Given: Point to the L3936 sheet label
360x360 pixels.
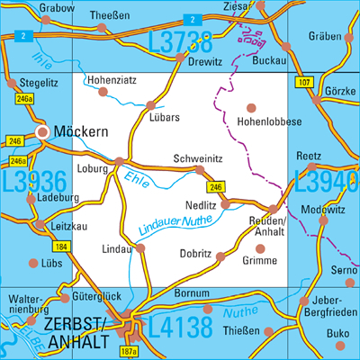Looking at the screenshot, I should (35, 184).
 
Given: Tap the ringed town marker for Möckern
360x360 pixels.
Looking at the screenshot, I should (42, 133).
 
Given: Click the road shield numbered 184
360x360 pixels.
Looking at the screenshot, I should (60, 246).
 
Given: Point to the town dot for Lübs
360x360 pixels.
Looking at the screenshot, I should (35, 264).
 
